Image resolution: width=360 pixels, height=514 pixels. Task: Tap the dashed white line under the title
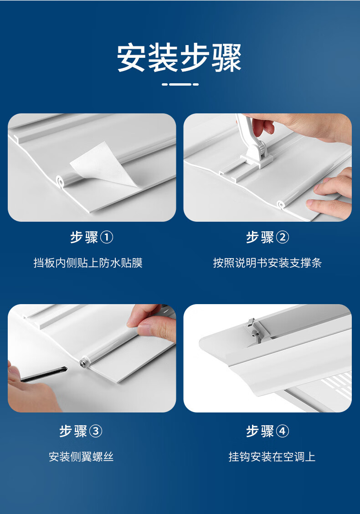[x=180, y=84]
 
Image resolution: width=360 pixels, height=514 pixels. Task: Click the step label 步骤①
[x=92, y=237]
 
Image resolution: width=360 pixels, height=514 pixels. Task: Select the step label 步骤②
[x=267, y=237]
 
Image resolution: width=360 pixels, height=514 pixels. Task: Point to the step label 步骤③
[x=81, y=431]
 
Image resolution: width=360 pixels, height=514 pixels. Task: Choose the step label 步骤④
[x=267, y=431]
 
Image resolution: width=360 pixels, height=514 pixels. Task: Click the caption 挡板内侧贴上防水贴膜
[x=88, y=263]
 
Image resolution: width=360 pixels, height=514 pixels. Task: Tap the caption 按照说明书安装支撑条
[x=267, y=263]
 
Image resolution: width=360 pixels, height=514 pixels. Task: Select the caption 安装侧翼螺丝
[x=81, y=457]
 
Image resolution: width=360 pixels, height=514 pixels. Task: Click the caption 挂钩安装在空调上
[x=272, y=457]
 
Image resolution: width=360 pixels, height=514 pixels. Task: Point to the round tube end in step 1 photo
[x=60, y=181]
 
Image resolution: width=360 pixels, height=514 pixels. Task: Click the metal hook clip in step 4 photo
[x=252, y=331]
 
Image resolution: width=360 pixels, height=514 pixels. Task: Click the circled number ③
[x=96, y=432]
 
